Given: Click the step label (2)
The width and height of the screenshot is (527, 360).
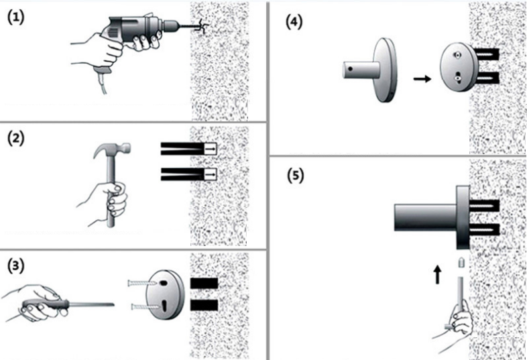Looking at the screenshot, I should pyautogui.click(x=16, y=139).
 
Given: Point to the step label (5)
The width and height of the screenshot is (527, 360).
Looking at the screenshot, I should pyautogui.click(x=294, y=176).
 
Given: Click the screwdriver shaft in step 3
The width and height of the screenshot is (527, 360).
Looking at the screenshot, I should pyautogui.click(x=91, y=306).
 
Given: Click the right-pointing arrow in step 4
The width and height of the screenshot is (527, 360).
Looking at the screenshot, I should pyautogui.click(x=422, y=78).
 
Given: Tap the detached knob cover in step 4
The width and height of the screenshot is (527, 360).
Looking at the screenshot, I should pyautogui.click(x=372, y=69).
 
